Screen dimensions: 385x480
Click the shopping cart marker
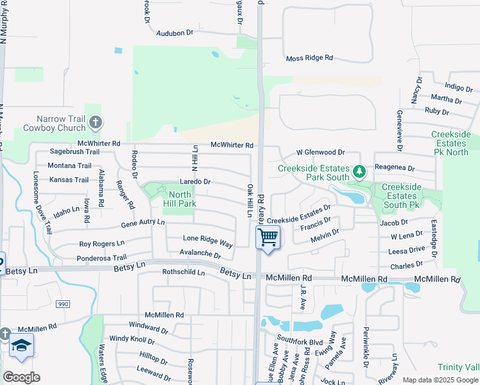tap(268, 237)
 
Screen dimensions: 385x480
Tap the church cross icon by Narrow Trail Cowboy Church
tap(95, 121)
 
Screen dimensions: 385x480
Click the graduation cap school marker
tap(21, 346)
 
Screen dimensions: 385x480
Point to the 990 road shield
tap(62, 304)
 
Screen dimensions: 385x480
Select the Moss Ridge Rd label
tap(309, 58)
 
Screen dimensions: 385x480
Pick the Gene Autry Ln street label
tap(142, 223)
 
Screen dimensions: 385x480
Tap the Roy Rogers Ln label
tap(101, 244)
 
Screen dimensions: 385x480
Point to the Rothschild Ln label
tap(183, 272)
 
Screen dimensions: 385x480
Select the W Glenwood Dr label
tap(320, 153)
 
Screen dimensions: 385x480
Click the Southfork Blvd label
tap(300, 341)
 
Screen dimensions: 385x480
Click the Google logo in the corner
tap(21, 377)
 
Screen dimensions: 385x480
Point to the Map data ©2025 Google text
tap(440, 380)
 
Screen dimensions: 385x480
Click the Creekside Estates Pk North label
tap(450, 143)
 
